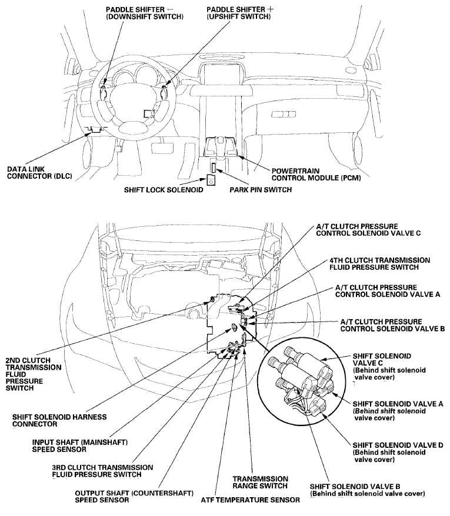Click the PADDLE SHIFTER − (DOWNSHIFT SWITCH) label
tap(145, 14)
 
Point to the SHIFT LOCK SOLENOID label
tap(164, 190)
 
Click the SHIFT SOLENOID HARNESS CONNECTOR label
tap(59, 420)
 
